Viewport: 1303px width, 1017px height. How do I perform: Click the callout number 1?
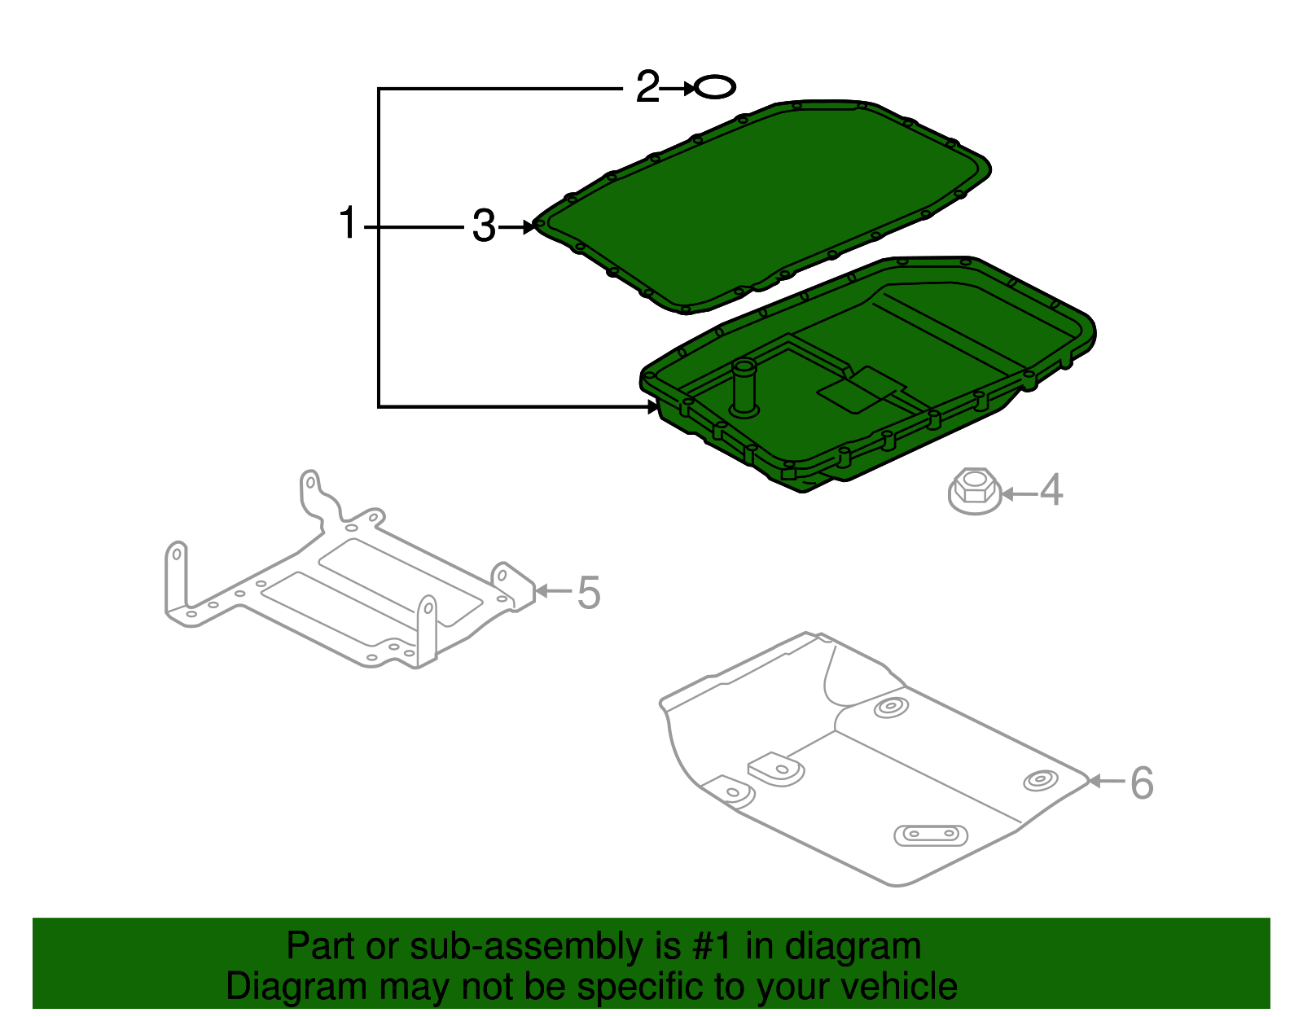coord(348,224)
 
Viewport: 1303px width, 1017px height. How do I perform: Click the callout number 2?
coord(647,87)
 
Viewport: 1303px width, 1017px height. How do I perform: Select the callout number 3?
coord(484,226)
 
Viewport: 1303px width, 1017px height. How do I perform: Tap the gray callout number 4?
coord(1051,491)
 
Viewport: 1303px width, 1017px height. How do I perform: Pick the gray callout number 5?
coord(589,593)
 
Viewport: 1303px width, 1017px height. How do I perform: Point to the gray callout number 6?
coord(1142,783)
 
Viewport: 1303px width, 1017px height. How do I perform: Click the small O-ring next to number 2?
coord(715,87)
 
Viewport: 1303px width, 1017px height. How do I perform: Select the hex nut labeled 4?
coord(975,491)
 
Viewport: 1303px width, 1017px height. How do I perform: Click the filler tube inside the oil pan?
coord(744,388)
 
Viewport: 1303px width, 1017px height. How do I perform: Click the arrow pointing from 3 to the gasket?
coord(518,227)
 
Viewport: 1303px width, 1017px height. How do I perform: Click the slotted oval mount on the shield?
coord(931,835)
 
